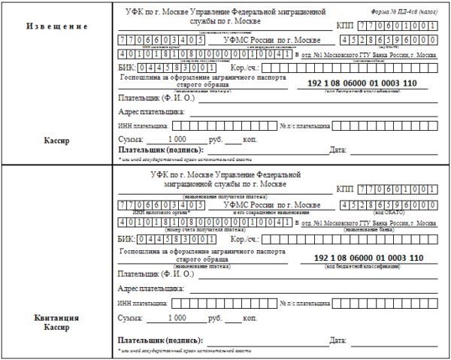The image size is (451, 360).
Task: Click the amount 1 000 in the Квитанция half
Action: click(x=177, y=318)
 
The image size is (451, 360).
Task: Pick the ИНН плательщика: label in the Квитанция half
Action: click(x=143, y=304)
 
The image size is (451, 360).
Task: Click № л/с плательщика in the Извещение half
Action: click(x=304, y=126)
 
